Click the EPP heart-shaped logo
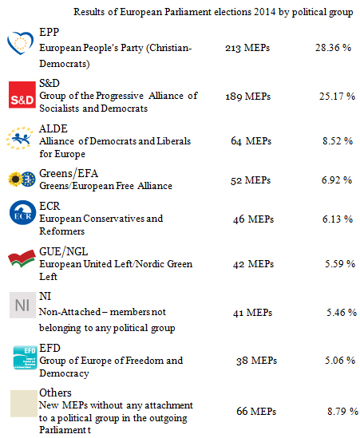tap(20, 43)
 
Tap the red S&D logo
tap(22, 94)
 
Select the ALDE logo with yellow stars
tap(19, 138)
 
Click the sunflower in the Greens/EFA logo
tap(15, 179)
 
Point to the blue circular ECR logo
tap(23, 212)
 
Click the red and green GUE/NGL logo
tap(22, 258)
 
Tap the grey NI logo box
tap(22, 305)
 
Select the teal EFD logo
tap(26, 357)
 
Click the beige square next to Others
tap(24, 404)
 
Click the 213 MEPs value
tap(247, 48)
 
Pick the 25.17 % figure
tap(337, 97)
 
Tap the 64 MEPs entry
tap(251, 140)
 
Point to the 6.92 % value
tap(337, 180)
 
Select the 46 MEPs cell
tap(253, 219)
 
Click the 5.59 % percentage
tap(340, 264)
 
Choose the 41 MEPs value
tap(252, 313)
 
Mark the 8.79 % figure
tap(342, 411)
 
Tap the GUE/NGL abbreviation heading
tap(63, 251)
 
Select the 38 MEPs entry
tap(256, 361)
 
